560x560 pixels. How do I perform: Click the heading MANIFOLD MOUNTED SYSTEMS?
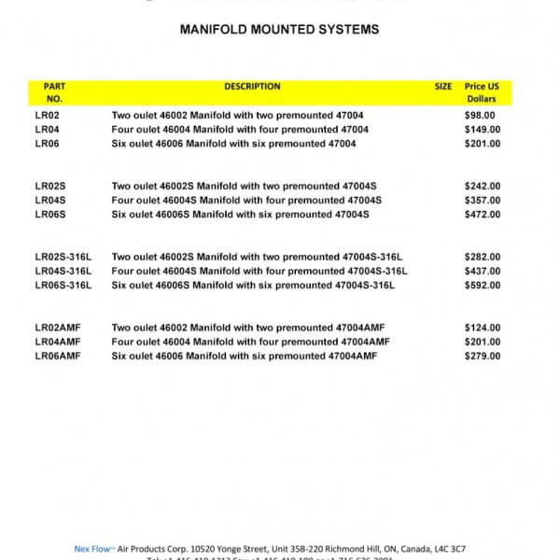(279, 30)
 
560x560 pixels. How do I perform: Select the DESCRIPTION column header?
(252, 87)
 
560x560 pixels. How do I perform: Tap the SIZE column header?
(443, 87)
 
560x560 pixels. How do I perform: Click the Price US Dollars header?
(482, 92)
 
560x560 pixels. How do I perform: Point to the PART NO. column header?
(54, 92)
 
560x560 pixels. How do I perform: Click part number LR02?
(47, 115)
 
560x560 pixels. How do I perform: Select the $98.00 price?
(480, 115)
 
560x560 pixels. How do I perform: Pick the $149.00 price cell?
(482, 129)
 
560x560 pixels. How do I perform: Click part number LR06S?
(50, 215)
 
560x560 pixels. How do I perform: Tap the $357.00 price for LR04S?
(482, 201)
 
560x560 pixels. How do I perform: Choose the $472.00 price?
(482, 215)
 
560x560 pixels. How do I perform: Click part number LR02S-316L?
(63, 257)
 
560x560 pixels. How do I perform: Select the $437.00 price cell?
(482, 271)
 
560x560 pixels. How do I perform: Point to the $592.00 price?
(482, 286)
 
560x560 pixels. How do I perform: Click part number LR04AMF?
(58, 342)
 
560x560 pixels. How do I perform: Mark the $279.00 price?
(482, 356)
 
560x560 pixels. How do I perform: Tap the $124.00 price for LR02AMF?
(482, 328)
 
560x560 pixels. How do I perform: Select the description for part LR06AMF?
(244, 356)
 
